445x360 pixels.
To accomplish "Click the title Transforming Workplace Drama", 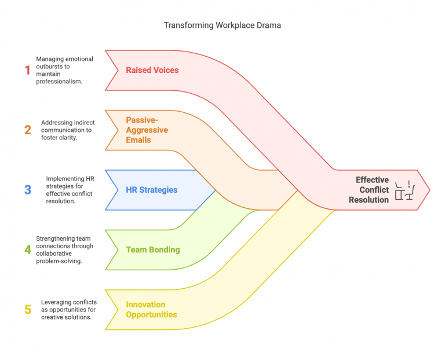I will click(x=222, y=25).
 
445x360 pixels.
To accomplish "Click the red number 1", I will click(x=27, y=70).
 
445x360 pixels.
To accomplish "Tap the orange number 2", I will click(x=27, y=130).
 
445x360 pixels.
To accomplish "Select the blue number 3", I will click(x=27, y=190).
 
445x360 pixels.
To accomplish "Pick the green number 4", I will click(x=27, y=249).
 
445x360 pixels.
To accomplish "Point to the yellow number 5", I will click(x=27, y=310).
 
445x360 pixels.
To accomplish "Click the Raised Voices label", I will click(x=152, y=70).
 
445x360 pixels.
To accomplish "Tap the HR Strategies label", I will click(x=152, y=190).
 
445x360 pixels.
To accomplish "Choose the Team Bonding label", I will click(x=153, y=250).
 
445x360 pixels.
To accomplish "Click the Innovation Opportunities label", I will click(x=151, y=310).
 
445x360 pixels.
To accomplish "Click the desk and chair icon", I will click(x=405, y=190).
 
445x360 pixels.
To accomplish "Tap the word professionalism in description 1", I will click(x=59, y=82).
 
